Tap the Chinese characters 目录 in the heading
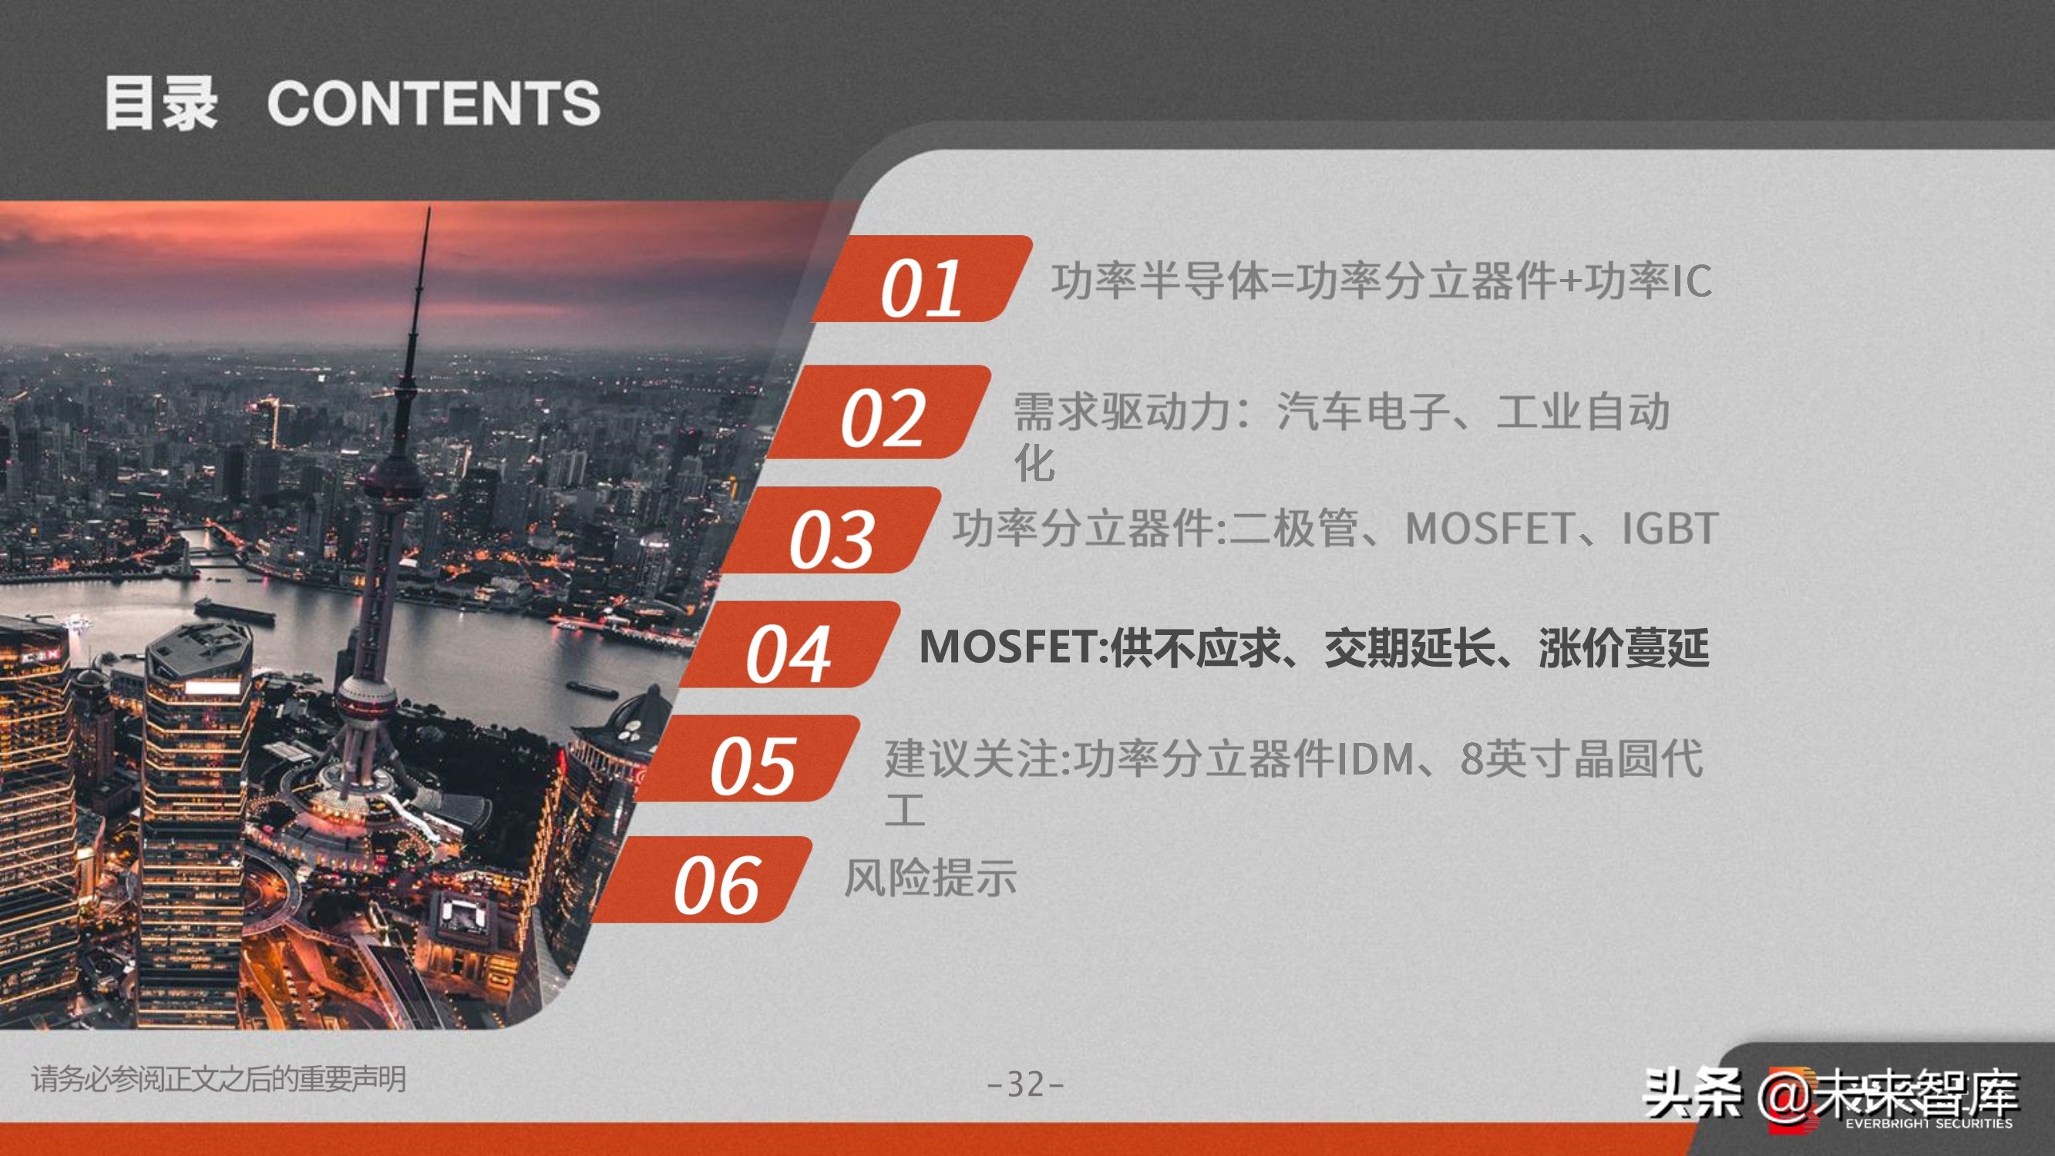160,104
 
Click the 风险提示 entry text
930,879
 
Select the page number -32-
1026,1084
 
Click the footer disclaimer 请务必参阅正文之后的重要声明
219,1080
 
